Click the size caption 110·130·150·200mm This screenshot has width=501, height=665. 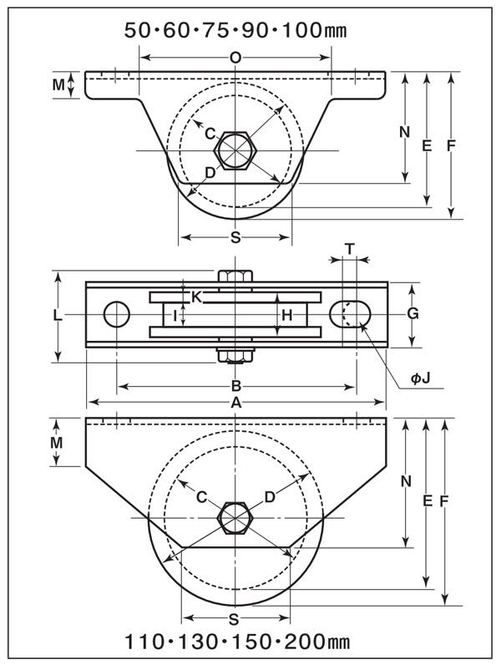(237, 642)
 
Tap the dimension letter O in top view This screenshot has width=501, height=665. (235, 57)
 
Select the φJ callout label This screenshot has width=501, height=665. (420, 378)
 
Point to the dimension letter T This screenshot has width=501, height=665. (349, 248)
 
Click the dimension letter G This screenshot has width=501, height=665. (412, 313)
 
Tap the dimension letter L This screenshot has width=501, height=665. (57, 315)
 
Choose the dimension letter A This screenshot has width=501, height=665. (236, 403)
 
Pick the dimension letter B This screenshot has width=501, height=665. (236, 386)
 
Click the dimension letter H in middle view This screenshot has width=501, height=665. (286, 315)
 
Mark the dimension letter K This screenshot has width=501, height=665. (196, 296)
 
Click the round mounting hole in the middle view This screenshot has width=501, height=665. (117, 314)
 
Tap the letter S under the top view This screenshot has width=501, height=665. (235, 237)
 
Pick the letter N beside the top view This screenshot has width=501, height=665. (404, 131)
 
